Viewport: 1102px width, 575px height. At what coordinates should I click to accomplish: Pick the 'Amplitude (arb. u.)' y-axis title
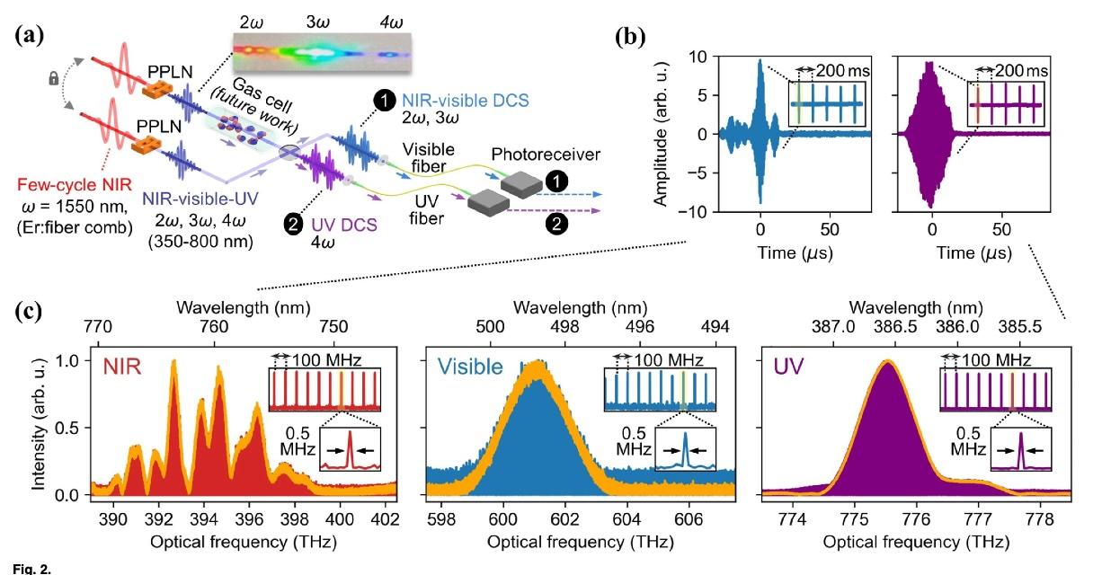click(662, 135)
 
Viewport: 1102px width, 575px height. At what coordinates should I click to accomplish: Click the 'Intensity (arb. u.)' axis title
click(40, 427)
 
